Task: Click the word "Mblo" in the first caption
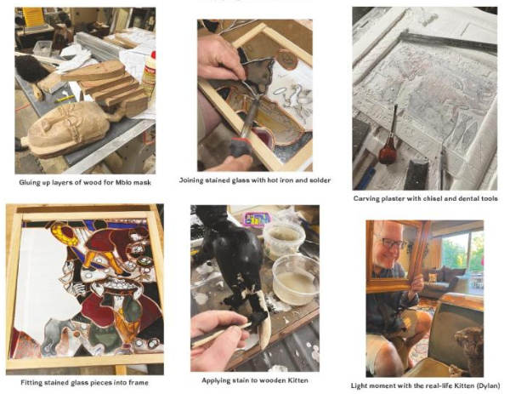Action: [124, 183]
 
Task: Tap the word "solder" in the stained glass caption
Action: [320, 180]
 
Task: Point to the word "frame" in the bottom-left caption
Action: [139, 383]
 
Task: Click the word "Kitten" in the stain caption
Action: [297, 380]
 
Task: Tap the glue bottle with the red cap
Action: [150, 75]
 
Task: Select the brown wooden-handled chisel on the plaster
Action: [389, 140]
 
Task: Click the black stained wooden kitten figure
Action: [235, 257]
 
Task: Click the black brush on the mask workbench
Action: [31, 69]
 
